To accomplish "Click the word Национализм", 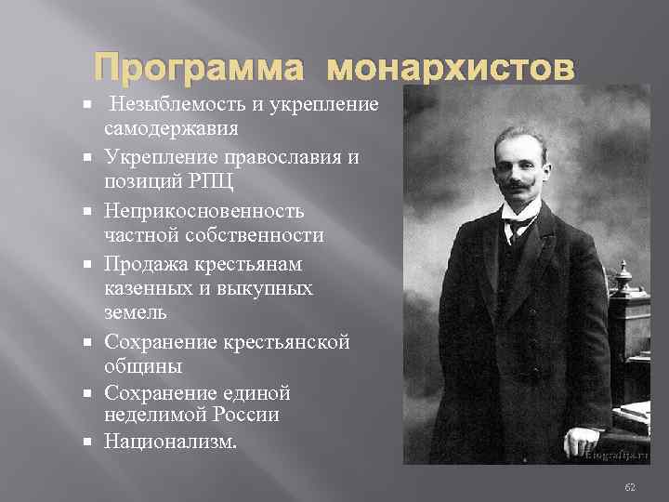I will [x=171, y=440].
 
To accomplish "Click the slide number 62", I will [x=630, y=486].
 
